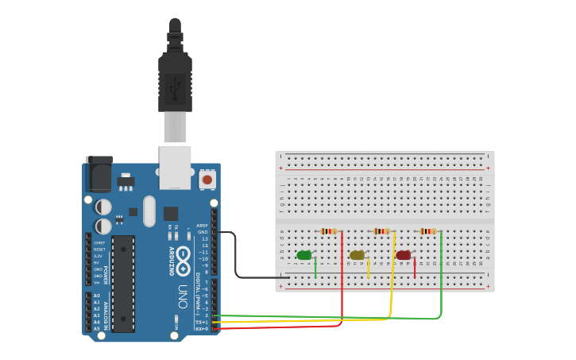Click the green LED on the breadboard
pyautogui.click(x=303, y=255)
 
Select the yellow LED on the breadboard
pyautogui.click(x=357, y=255)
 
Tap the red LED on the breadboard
pyautogui.click(x=404, y=255)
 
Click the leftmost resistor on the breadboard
pyautogui.click(x=328, y=231)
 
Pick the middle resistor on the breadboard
pyautogui.click(x=382, y=231)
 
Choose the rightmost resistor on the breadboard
pyautogui.click(x=428, y=231)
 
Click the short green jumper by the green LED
pyautogui.click(x=315, y=268)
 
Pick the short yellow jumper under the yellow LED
pyautogui.click(x=369, y=268)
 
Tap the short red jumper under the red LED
pyautogui.click(x=415, y=268)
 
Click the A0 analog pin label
pyautogui.click(x=97, y=296)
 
